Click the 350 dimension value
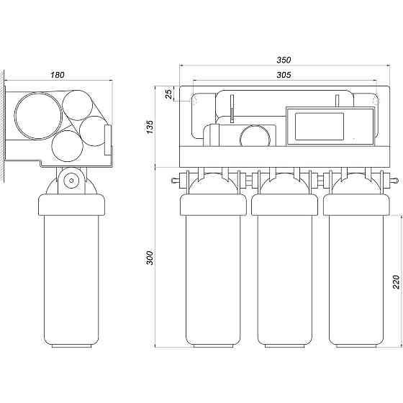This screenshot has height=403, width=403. [284, 60]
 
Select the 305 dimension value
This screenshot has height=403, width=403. [284, 75]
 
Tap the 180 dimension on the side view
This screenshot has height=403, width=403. [58, 75]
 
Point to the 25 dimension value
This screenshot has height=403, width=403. [168, 94]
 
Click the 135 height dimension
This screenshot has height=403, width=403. [150, 127]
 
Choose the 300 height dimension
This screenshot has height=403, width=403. [150, 258]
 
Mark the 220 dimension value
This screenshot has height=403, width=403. [396, 282]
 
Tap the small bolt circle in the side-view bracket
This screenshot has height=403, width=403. [71, 181]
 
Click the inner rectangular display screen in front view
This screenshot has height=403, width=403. [320, 127]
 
